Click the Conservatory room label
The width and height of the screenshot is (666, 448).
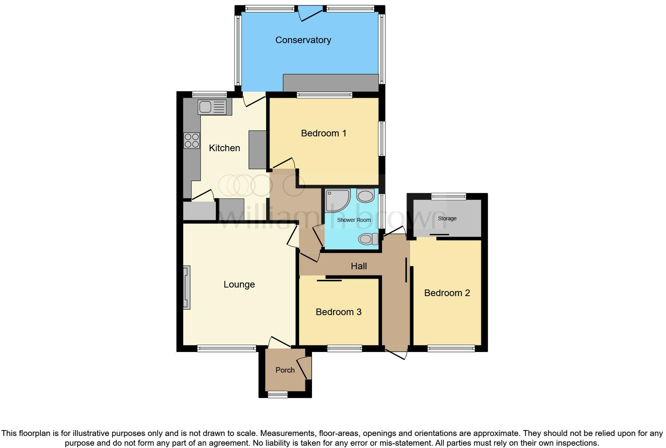click(x=303, y=40)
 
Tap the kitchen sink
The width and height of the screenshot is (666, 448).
click(x=212, y=107)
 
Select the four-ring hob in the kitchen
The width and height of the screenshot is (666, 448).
click(x=192, y=141)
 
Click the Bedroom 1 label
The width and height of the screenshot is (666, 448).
click(x=323, y=133)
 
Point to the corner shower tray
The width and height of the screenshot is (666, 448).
click(x=337, y=200)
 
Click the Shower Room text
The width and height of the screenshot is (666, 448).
click(x=354, y=220)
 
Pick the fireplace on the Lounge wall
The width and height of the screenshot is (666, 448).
click(x=187, y=287)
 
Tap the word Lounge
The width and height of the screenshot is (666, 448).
click(x=239, y=284)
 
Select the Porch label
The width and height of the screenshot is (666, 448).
click(x=285, y=370)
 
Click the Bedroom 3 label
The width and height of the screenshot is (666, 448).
click(x=338, y=312)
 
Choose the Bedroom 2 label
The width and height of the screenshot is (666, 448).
click(x=447, y=293)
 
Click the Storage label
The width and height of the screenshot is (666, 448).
click(x=447, y=218)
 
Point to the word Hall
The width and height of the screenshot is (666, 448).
click(x=358, y=266)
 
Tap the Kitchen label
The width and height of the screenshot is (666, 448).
click(x=224, y=148)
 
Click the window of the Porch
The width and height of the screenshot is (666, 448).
click(x=277, y=395)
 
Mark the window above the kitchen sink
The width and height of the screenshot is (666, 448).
click(x=209, y=94)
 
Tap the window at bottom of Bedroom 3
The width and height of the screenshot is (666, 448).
click(x=345, y=349)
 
